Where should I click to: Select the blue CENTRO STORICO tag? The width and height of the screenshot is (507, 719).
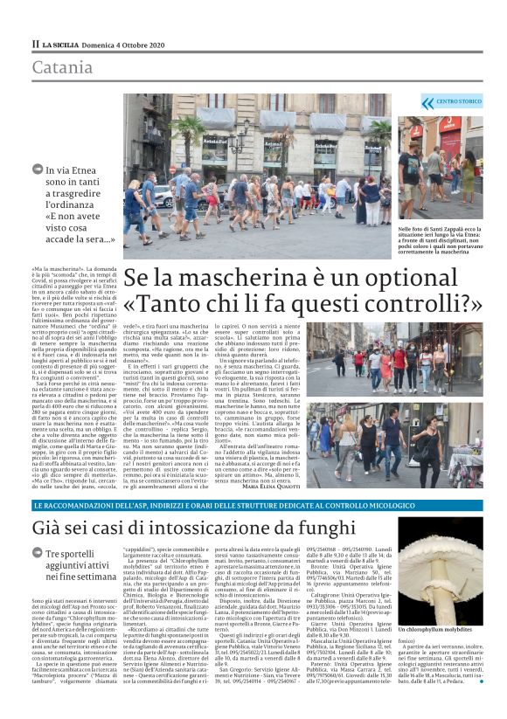coord(455,103)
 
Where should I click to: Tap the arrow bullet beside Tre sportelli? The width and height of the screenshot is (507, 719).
coord(38,555)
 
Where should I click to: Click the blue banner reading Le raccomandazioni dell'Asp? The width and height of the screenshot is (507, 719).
coord(253,507)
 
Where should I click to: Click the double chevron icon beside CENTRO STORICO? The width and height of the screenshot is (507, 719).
coord(427,103)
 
